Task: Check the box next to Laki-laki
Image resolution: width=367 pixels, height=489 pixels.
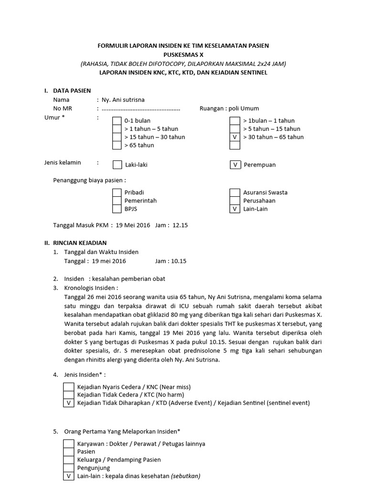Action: pyautogui.click(x=117, y=165)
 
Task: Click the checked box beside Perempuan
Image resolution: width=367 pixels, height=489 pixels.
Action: pyautogui.click(x=235, y=165)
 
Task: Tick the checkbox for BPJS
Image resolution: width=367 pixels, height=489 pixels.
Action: pyautogui.click(x=117, y=209)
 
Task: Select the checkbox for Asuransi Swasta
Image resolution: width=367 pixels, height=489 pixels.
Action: pyautogui.click(x=235, y=192)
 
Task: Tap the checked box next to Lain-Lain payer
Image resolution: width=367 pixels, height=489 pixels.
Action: pyautogui.click(x=235, y=209)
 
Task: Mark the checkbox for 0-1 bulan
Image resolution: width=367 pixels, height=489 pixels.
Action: pyautogui.click(x=117, y=121)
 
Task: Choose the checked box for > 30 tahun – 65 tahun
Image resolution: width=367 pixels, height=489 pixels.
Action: pyautogui.click(x=235, y=137)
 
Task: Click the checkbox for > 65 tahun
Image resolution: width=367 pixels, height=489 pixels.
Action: pyautogui.click(x=117, y=145)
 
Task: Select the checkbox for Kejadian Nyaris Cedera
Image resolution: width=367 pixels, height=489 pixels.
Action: pyautogui.click(x=69, y=387)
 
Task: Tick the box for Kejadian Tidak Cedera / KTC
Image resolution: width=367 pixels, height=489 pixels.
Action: pyautogui.click(x=69, y=395)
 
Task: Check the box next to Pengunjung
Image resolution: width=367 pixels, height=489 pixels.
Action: pyautogui.click(x=69, y=468)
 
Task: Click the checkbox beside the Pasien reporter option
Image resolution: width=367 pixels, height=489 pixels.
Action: pyautogui.click(x=69, y=452)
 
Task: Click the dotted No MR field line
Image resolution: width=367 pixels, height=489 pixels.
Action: pyautogui.click(x=140, y=108)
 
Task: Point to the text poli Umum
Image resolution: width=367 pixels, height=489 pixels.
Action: pyautogui.click(x=244, y=108)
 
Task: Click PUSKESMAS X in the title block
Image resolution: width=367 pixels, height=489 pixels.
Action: pyautogui.click(x=183, y=54)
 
